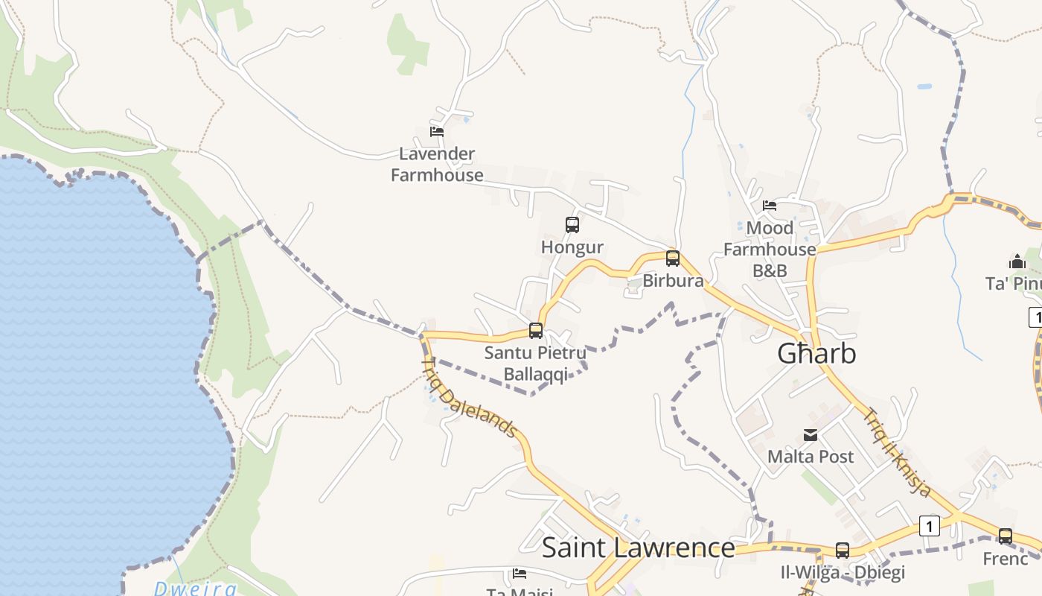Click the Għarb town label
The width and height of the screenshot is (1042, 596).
pyautogui.click(x=816, y=354)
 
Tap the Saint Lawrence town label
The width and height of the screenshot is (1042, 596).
pyautogui.click(x=638, y=548)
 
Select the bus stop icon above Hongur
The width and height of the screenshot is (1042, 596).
pyautogui.click(x=572, y=225)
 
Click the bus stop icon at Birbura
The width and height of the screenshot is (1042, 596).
pyautogui.click(x=673, y=259)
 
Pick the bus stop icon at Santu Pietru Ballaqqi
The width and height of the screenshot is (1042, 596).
pyautogui.click(x=535, y=331)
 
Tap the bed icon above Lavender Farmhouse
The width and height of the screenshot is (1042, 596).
pyautogui.click(x=437, y=132)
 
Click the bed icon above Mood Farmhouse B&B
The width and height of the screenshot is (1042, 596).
pyautogui.click(x=770, y=206)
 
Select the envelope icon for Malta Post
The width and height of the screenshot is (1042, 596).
pyautogui.click(x=811, y=435)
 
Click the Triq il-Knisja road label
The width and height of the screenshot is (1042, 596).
pyautogui.click(x=897, y=453)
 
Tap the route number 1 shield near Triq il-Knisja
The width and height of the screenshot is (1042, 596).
pyautogui.click(x=929, y=526)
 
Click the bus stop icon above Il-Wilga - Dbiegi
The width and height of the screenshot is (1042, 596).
pyautogui.click(x=843, y=551)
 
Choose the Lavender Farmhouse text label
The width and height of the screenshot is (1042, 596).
pyautogui.click(x=437, y=165)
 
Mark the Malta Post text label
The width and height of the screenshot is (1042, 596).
pyautogui.click(x=811, y=456)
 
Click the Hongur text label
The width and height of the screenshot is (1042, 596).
pyautogui.click(x=572, y=247)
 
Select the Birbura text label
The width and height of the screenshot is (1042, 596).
pyautogui.click(x=673, y=281)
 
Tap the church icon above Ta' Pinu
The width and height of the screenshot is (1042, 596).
pyautogui.click(x=1017, y=261)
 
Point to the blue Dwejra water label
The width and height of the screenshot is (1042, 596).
pyautogui.click(x=195, y=589)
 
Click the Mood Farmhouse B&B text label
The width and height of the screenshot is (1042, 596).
pyautogui.click(x=770, y=249)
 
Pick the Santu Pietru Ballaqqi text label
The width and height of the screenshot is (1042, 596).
pyautogui.click(x=535, y=363)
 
